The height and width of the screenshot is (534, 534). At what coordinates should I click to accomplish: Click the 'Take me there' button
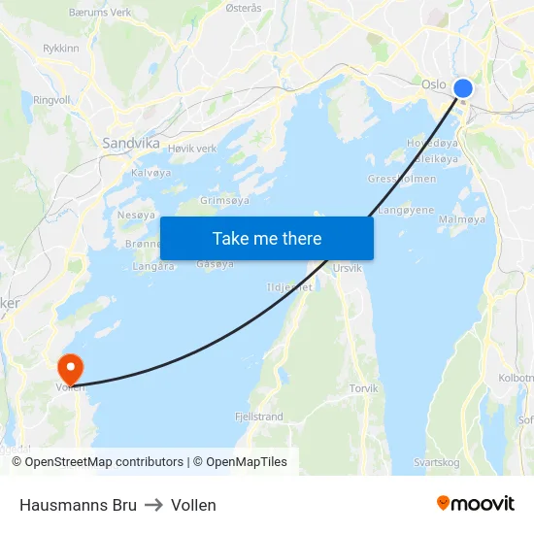[x=267, y=238]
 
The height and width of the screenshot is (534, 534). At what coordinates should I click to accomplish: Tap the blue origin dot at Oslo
[x=463, y=88]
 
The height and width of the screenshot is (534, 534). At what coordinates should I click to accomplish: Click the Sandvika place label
[x=131, y=142]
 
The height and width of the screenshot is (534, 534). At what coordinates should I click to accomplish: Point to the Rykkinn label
[x=61, y=47]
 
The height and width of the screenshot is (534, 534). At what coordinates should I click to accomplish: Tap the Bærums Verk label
[x=100, y=13]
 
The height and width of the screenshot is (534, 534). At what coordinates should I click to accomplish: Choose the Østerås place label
[x=244, y=8]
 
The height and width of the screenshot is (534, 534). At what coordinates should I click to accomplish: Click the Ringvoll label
[x=52, y=99]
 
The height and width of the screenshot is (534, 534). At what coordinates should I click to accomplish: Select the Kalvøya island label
[x=150, y=172]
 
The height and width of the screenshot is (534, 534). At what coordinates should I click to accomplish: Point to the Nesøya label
[x=135, y=215]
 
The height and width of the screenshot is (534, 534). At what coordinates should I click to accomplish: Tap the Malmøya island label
[x=462, y=220]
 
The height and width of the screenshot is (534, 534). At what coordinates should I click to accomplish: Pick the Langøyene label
[x=405, y=209]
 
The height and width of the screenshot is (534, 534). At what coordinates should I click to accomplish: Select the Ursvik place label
[x=347, y=267]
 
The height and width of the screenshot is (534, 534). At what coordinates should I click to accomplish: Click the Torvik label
[x=363, y=388]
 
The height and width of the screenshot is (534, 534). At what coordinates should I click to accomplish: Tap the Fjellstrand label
[x=258, y=417]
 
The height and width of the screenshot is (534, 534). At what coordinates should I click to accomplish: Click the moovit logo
[x=476, y=504]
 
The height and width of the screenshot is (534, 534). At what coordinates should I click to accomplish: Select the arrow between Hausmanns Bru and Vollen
[x=153, y=505]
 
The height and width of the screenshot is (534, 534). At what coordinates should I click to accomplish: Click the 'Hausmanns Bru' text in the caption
[x=78, y=505]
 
